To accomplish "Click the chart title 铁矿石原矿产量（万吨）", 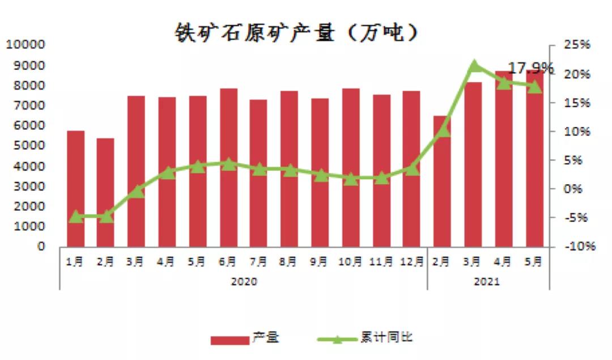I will click(296, 32).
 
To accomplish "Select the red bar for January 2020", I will click(75, 189).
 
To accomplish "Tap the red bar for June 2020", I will click(228, 168).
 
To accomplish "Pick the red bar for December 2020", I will click(411, 169).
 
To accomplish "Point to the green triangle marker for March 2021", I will click(475, 66).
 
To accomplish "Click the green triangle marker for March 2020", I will click(136, 192).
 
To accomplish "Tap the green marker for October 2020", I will click(350, 179).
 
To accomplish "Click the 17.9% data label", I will click(530, 69).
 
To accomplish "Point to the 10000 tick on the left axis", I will click(25, 45).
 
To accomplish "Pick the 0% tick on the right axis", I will click(573, 189).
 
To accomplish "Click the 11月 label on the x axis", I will click(381, 261).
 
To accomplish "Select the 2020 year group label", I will click(244, 281).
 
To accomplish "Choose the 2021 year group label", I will click(487, 281).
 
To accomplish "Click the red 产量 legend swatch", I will click(229, 340).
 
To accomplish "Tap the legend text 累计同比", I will click(387, 338).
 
